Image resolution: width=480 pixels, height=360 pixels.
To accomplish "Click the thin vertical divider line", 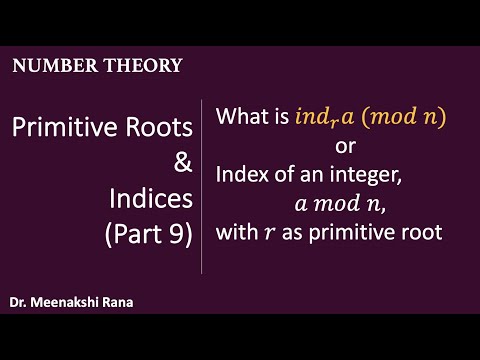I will (x=203, y=185).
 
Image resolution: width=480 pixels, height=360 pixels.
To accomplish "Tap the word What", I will (x=241, y=118).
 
